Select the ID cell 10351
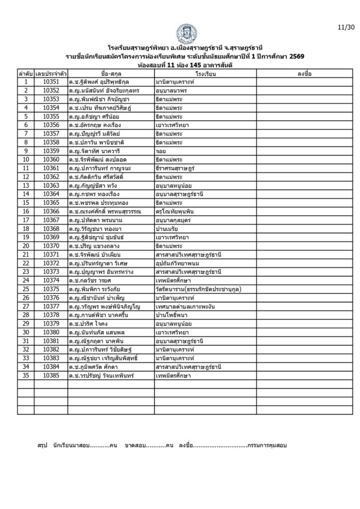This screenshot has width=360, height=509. click(51, 81)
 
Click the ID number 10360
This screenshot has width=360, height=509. click(51, 160)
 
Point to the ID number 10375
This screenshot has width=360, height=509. click(51, 289)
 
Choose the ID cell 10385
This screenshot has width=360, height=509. click(51, 376)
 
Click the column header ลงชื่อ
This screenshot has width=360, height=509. click(304, 73)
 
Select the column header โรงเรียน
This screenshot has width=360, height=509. click(205, 73)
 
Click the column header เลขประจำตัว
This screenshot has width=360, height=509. click(51, 73)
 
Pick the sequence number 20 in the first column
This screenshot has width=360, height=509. click(25, 246)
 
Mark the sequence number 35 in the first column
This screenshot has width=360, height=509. click(25, 376)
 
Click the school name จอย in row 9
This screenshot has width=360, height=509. click(160, 151)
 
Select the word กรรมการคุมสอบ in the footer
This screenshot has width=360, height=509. click(267, 445)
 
